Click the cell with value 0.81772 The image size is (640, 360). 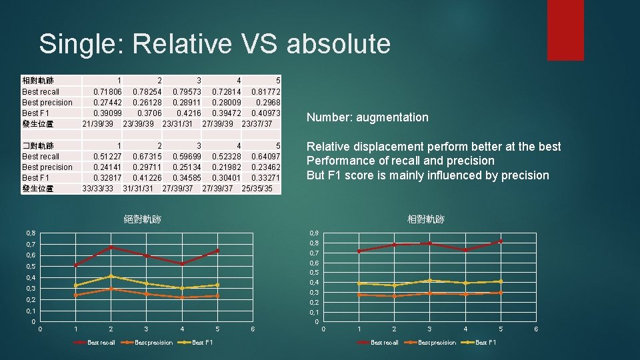266,91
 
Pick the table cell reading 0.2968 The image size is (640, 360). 268,102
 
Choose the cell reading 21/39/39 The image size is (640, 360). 98,123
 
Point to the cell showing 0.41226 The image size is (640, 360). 147,177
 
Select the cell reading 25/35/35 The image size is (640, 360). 257,188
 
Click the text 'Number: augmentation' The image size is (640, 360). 367,117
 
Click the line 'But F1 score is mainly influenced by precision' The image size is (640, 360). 428,175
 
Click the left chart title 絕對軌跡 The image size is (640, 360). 143,219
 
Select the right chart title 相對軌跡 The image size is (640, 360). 426,219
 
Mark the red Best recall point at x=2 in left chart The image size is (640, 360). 111,247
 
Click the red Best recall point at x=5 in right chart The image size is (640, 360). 501,241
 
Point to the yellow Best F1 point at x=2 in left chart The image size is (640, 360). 111,276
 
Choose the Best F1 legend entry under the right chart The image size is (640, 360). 485,343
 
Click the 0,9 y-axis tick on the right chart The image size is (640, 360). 314,233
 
